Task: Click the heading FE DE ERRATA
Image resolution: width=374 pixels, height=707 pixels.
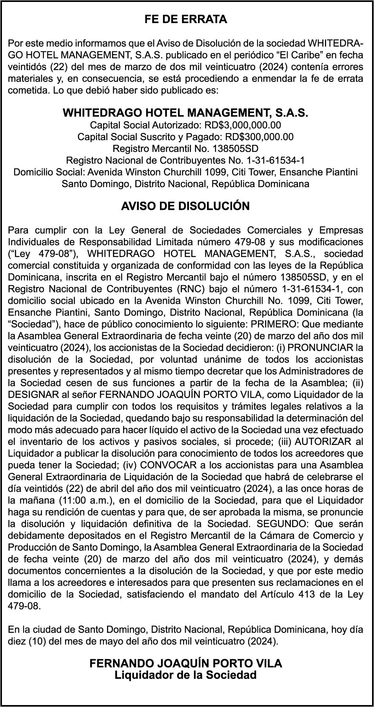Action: (x=185, y=20)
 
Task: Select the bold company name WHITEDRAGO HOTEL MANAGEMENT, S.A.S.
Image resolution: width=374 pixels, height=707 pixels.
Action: (x=185, y=113)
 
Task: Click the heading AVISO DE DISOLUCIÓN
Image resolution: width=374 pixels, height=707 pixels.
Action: (x=185, y=206)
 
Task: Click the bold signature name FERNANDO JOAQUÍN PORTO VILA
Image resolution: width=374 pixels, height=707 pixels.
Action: (x=185, y=664)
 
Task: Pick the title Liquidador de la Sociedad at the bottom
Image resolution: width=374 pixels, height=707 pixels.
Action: (x=185, y=675)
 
